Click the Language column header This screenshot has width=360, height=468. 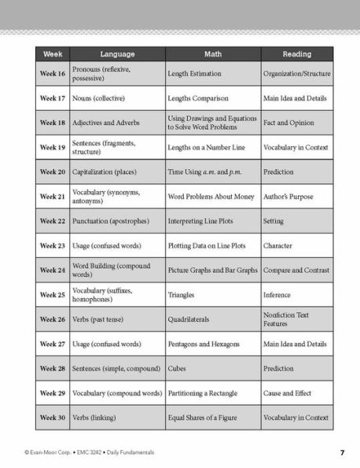[117, 54]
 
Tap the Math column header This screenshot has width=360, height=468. [212, 54]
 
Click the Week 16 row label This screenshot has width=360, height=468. [53, 73]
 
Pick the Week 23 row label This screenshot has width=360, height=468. [53, 245]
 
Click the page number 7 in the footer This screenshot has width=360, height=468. [343, 452]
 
